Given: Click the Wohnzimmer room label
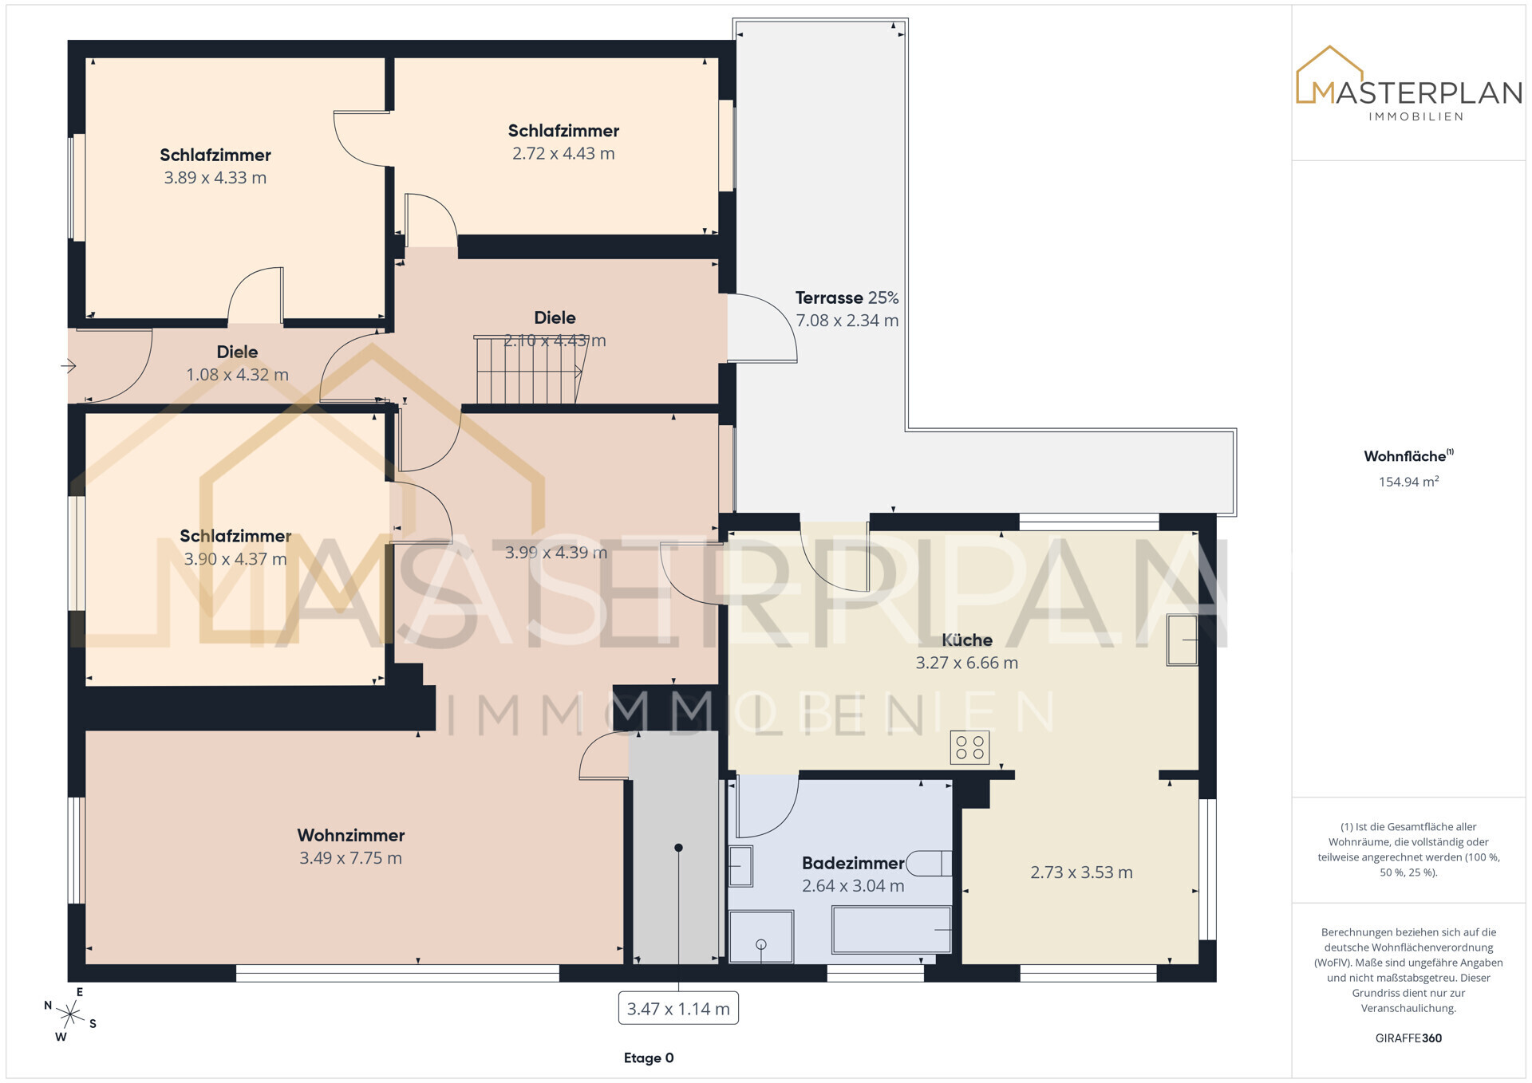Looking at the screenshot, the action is pyautogui.click(x=351, y=835).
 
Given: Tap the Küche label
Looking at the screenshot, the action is pyautogui.click(x=967, y=640).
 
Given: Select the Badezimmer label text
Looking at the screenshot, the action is pyautogui.click(x=853, y=863).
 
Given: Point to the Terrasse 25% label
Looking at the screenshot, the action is pyautogui.click(x=847, y=297).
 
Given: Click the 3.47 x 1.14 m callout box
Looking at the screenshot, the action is pyautogui.click(x=678, y=1009).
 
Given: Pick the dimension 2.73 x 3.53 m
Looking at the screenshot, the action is pyautogui.click(x=1081, y=872).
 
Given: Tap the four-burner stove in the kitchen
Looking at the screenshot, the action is pyautogui.click(x=969, y=747).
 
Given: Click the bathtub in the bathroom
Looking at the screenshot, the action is pyautogui.click(x=891, y=930).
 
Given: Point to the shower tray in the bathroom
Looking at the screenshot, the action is pyautogui.click(x=760, y=937).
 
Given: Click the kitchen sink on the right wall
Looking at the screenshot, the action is pyautogui.click(x=1183, y=640).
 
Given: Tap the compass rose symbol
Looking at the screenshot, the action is pyautogui.click(x=70, y=1014).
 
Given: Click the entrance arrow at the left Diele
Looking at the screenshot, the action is pyautogui.click(x=69, y=366).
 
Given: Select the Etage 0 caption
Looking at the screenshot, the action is pyautogui.click(x=649, y=1058).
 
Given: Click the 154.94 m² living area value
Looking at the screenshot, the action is pyautogui.click(x=1408, y=482).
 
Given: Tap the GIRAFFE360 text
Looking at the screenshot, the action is pyautogui.click(x=1408, y=1038).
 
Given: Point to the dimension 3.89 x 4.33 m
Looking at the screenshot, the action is pyautogui.click(x=215, y=178).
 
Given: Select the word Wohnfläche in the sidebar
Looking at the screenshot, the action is pyautogui.click(x=1404, y=456).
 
